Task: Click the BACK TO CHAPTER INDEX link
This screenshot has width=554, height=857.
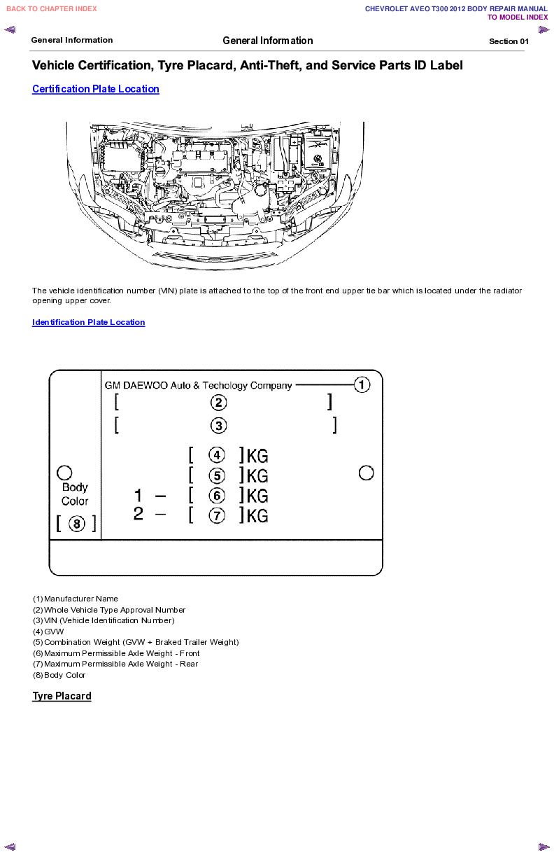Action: tap(52, 9)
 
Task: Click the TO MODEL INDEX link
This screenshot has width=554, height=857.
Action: tap(518, 18)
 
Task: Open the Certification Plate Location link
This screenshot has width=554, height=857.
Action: tap(96, 89)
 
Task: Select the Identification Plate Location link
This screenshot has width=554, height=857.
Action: tap(88, 322)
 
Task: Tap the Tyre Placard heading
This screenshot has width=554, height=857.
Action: tap(62, 696)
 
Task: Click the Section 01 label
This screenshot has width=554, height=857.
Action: tap(509, 41)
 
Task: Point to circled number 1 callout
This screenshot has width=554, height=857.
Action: tap(362, 384)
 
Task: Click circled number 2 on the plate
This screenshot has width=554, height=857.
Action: tap(219, 403)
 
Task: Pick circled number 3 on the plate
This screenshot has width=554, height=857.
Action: tap(219, 426)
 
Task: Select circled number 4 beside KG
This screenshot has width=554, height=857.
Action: tap(218, 455)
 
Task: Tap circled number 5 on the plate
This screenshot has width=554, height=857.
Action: tap(218, 475)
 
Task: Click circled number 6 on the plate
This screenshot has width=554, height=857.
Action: tap(218, 496)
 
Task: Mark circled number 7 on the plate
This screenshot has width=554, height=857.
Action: tap(218, 516)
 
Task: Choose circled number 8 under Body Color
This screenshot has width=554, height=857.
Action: tap(76, 523)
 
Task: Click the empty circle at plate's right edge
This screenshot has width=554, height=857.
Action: tap(366, 473)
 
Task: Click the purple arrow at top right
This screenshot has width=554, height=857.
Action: tap(544, 29)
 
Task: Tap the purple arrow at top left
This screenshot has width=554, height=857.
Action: tap(10, 29)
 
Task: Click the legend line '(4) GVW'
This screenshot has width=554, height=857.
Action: tap(48, 632)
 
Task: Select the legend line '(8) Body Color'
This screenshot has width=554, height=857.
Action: tap(59, 675)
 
